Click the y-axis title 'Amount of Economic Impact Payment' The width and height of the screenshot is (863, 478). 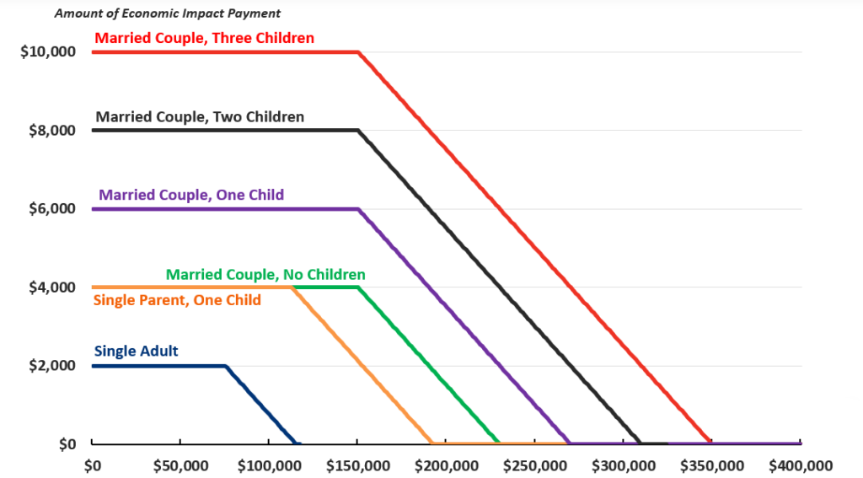click(168, 13)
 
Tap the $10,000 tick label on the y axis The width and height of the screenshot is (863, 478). click(48, 51)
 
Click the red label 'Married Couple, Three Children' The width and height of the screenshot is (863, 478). click(204, 38)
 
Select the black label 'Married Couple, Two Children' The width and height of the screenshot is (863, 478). click(200, 117)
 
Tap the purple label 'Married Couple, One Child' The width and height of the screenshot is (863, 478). click(191, 195)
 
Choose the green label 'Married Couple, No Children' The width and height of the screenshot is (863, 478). click(265, 274)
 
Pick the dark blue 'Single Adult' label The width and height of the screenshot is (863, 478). click(136, 351)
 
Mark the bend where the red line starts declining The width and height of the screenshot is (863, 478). click(358, 52)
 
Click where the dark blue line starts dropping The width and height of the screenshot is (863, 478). click(226, 366)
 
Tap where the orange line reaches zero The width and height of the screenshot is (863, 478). click(431, 443)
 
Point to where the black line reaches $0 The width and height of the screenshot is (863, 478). click(641, 443)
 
